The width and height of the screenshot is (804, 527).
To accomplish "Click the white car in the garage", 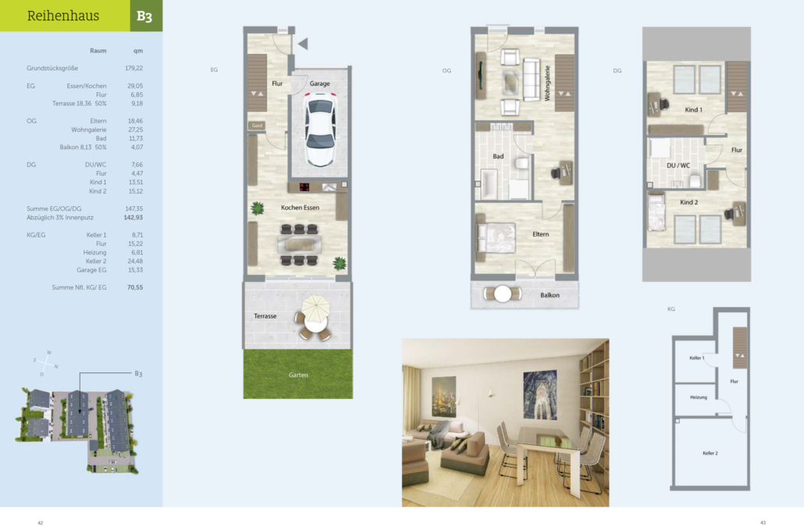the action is point(321,130).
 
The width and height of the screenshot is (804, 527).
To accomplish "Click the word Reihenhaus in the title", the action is point(63,16).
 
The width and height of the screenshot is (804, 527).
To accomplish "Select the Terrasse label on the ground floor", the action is point(265,316).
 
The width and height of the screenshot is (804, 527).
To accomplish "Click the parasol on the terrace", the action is point(315,308).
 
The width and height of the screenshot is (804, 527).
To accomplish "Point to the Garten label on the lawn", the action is point(298,376).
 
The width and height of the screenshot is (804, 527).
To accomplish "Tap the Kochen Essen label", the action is point(300,208).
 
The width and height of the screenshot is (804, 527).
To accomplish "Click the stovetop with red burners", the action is point(304,187).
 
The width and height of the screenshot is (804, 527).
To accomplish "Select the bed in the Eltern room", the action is point(496,238).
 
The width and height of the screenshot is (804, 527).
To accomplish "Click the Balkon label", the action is point(550,295).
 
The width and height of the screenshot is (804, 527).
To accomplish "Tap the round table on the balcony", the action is point(503,294).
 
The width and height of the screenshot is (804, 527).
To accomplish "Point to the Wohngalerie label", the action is point(547,83).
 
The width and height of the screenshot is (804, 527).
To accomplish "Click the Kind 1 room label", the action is point(694,110).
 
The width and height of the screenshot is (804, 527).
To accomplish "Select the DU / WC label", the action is point(678,166).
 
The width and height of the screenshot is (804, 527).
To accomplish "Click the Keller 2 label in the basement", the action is point(710,453).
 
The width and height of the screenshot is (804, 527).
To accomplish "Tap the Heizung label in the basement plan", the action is point(699,397).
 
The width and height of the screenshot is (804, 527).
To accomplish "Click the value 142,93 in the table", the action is point(133,217).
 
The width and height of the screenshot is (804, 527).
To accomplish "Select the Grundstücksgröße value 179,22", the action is point(133,68).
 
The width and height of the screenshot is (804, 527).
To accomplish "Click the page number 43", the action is point(763,523).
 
